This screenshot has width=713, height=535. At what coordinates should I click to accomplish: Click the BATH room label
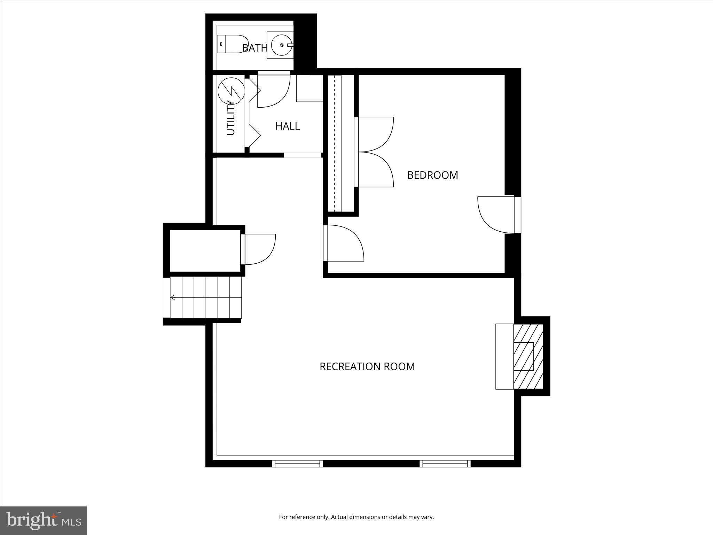tap(254, 48)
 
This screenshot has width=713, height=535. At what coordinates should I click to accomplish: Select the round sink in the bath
tap(281, 45)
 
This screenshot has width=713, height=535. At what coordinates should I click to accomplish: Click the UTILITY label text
tap(231, 117)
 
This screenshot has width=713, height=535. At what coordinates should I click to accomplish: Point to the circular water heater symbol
tap(231, 91)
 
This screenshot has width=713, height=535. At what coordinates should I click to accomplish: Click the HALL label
tap(287, 126)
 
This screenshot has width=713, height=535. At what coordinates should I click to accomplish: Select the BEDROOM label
tap(432, 175)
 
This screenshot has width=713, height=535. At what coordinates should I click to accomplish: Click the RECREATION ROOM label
tap(367, 366)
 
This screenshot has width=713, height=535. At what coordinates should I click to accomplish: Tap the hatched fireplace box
tap(528, 356)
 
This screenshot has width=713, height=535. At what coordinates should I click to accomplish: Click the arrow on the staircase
tap(173, 297)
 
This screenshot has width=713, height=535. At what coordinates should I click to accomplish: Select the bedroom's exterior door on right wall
tap(496, 214)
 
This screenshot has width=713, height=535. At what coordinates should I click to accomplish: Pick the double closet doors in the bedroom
tap(374, 152)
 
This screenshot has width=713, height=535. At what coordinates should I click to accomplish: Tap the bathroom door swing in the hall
tap(273, 90)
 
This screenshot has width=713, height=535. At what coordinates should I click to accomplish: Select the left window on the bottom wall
tap(297, 463)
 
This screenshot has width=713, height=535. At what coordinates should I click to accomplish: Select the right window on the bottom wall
tap(445, 463)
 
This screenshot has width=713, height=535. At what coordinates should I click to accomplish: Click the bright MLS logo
tap(44, 520)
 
